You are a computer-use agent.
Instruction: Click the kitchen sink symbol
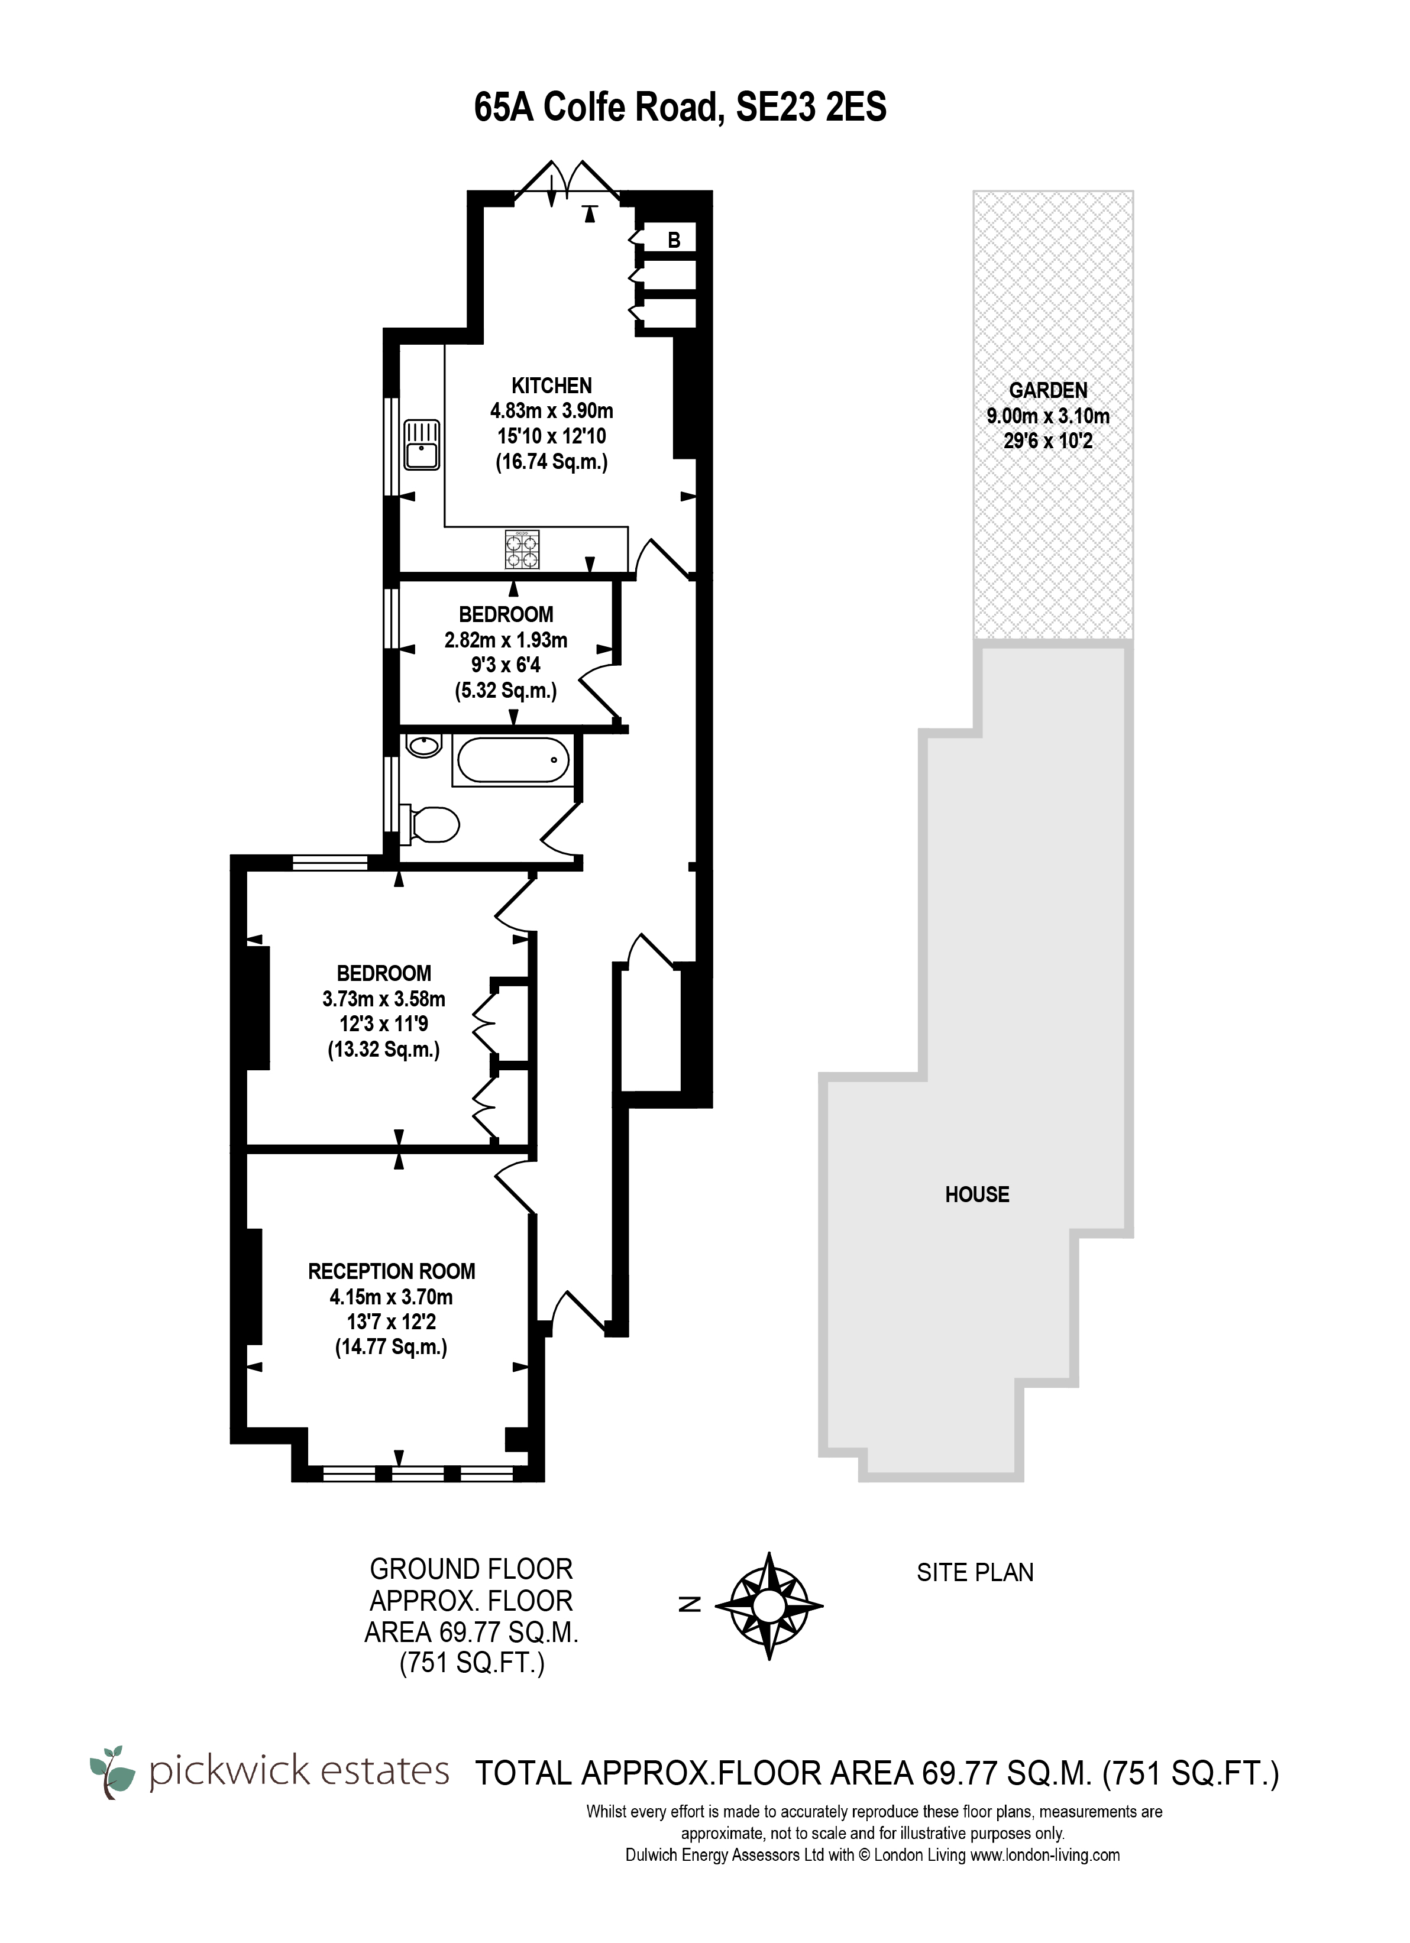[422, 445]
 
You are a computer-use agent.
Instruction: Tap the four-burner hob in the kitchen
[523, 550]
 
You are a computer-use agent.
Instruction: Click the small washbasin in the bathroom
[422, 747]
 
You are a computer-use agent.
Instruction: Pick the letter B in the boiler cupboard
[674, 241]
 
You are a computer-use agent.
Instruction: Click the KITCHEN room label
[551, 386]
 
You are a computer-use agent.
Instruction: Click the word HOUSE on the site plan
[977, 1194]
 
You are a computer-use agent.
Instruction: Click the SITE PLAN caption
[975, 1572]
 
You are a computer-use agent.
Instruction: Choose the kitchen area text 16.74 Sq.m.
[551, 462]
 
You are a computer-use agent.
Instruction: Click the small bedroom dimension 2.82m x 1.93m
[506, 640]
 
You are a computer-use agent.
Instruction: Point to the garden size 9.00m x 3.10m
[1048, 416]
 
